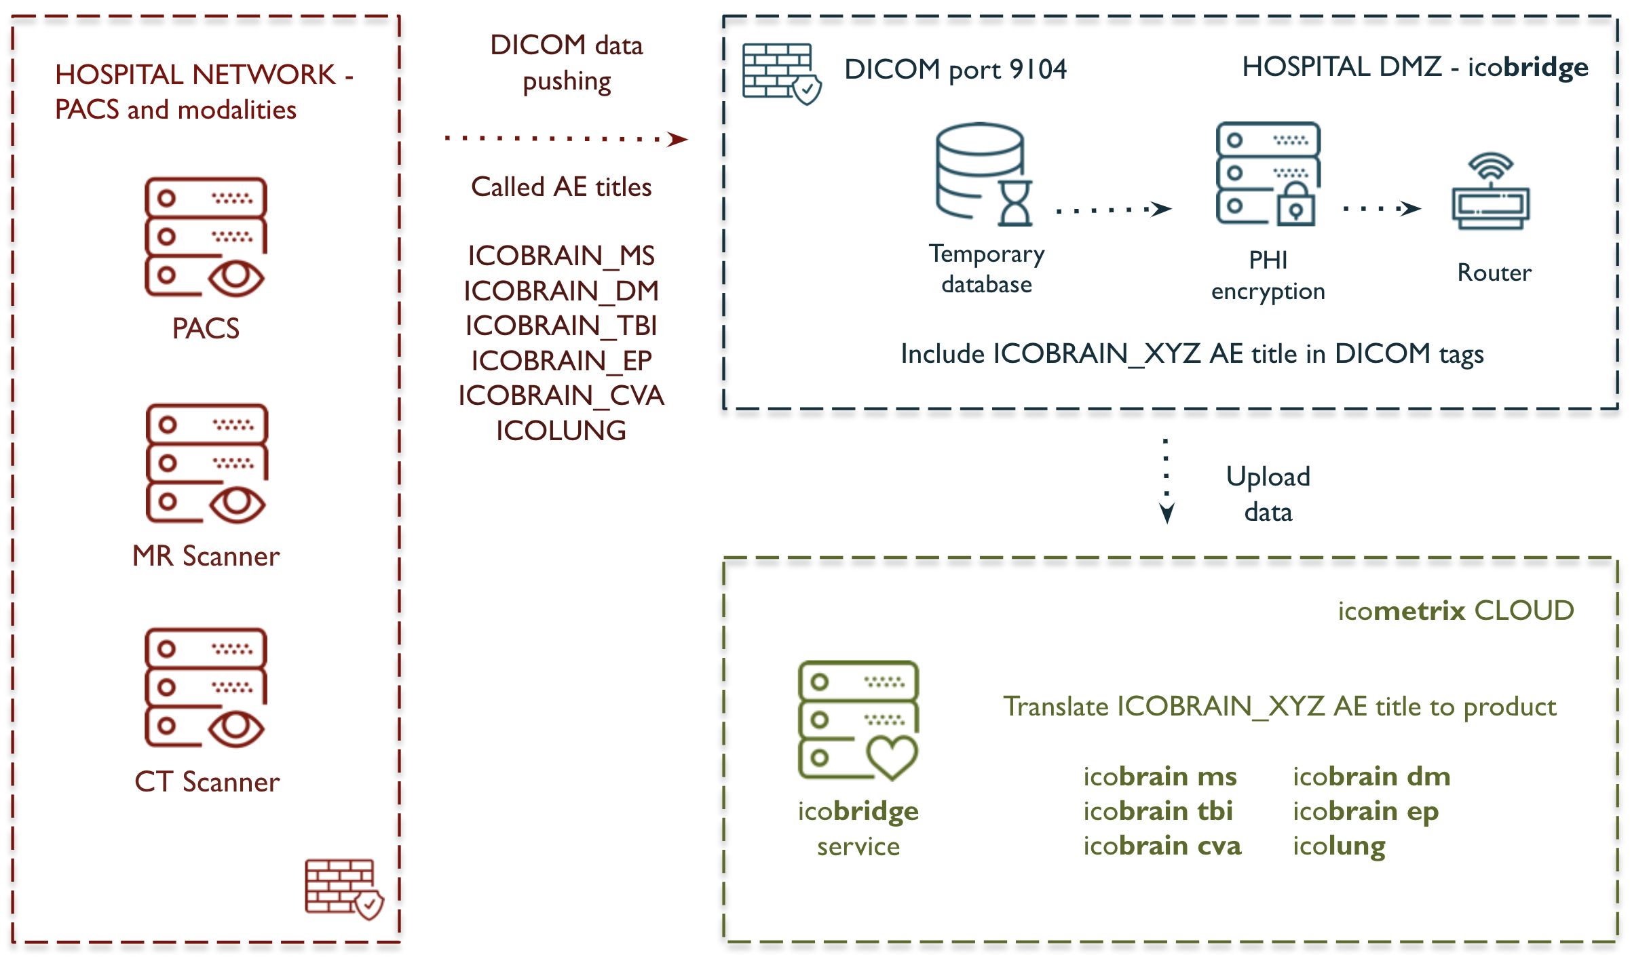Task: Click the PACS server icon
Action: coord(205,237)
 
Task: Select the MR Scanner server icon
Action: coord(206,463)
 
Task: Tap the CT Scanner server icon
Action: coord(205,687)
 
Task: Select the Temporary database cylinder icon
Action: coord(983,174)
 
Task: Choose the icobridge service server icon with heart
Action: coord(858,720)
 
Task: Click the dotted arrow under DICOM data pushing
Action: coord(566,139)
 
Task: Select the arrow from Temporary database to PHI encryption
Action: coord(1114,210)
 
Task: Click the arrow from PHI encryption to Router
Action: coord(1382,209)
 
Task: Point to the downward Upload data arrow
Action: coord(1167,482)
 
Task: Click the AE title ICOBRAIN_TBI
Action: coord(561,326)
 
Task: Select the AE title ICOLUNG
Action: coord(561,431)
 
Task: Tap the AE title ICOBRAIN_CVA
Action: coord(561,396)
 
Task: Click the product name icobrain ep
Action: coord(1365,812)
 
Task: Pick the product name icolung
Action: coord(1339,846)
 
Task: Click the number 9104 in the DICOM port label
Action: coord(1038,69)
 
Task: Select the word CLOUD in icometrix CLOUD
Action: coord(1524,611)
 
